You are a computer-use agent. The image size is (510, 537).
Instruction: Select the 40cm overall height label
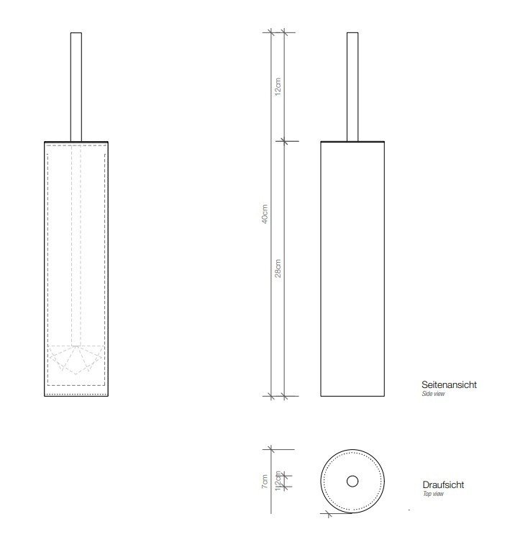[265, 216]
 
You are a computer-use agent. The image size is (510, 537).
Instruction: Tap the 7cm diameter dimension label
[265, 480]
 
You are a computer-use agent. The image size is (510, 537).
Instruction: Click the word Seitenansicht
[449, 384]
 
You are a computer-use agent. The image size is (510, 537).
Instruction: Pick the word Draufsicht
[442, 485]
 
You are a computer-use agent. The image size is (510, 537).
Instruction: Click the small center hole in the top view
[352, 481]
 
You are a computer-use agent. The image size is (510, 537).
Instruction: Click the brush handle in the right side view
[352, 86]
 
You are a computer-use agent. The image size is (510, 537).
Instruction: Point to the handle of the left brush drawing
[76, 86]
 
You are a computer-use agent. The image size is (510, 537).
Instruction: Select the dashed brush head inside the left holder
[76, 358]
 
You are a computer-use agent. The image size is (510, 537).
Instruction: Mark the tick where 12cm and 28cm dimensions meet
[283, 140]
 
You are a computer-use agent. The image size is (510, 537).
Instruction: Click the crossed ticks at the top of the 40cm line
[270, 32]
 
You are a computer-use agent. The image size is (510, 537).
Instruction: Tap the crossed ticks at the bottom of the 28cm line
[283, 395]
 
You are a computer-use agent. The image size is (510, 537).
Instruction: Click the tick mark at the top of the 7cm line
[270, 449]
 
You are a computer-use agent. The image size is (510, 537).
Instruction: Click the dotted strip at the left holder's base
[76, 394]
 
